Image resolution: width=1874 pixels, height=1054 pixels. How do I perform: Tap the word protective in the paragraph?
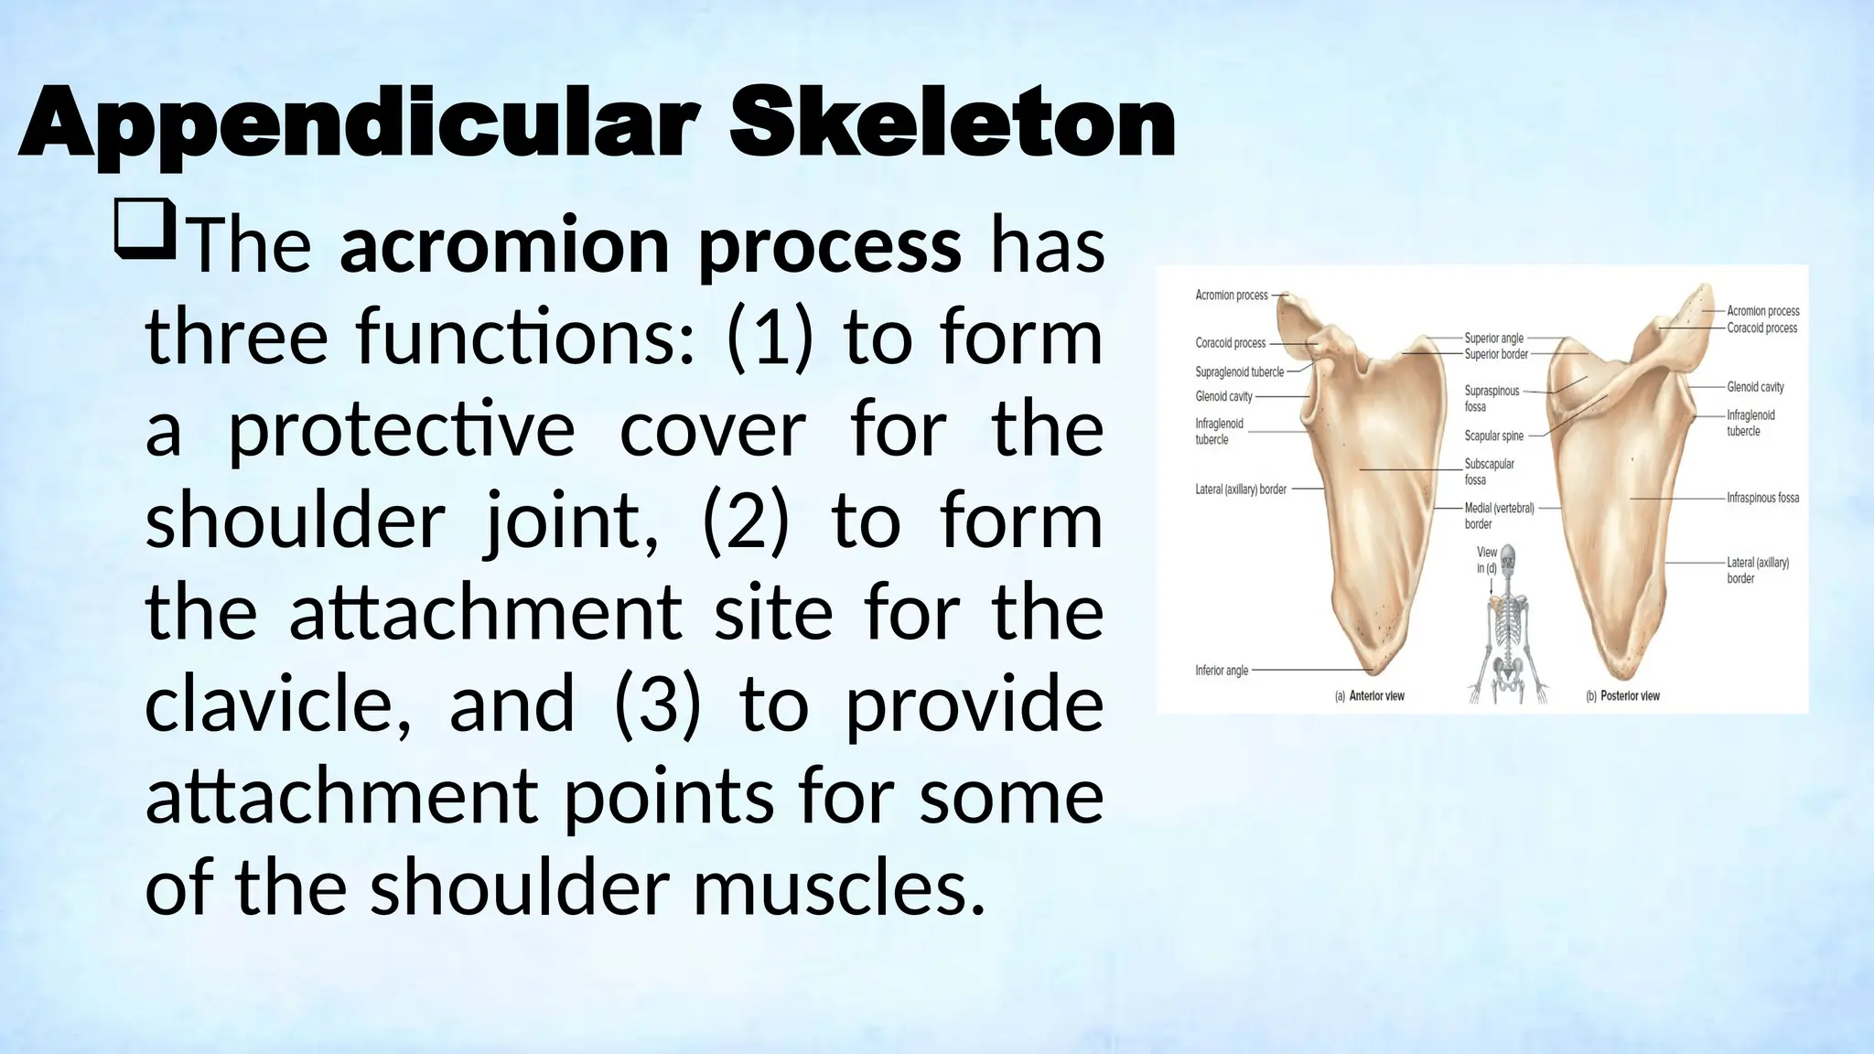click(x=401, y=430)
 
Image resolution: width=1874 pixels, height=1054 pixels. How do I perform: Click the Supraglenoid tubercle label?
click(x=1239, y=372)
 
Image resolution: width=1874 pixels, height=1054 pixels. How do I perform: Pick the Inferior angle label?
click(x=1222, y=671)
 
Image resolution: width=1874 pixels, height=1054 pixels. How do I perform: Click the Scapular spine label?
click(x=1493, y=436)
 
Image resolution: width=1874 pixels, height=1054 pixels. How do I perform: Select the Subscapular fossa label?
click(x=1489, y=471)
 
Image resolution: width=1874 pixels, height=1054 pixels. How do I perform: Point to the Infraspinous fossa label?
click(x=1762, y=499)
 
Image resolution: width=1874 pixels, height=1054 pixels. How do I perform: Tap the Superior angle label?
click(x=1493, y=339)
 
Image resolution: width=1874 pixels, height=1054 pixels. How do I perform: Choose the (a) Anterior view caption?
click(x=1369, y=696)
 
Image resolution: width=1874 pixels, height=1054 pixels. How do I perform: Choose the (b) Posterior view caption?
click(x=1621, y=696)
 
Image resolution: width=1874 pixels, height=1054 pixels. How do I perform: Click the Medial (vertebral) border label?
click(x=1498, y=515)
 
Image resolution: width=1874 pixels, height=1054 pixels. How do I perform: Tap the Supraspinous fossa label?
click(x=1491, y=398)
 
